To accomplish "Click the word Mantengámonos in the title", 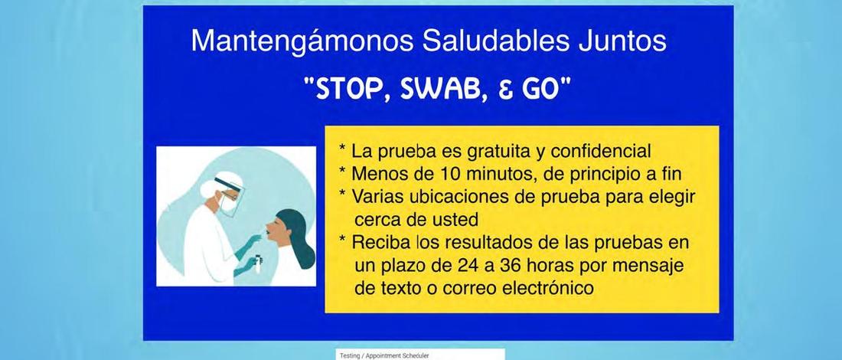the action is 302,41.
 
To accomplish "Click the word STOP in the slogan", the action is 350,90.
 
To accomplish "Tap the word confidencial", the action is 601,152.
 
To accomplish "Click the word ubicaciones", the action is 453,197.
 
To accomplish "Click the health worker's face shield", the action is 230,197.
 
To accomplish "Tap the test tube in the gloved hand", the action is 258,263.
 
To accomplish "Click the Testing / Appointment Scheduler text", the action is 384,355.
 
